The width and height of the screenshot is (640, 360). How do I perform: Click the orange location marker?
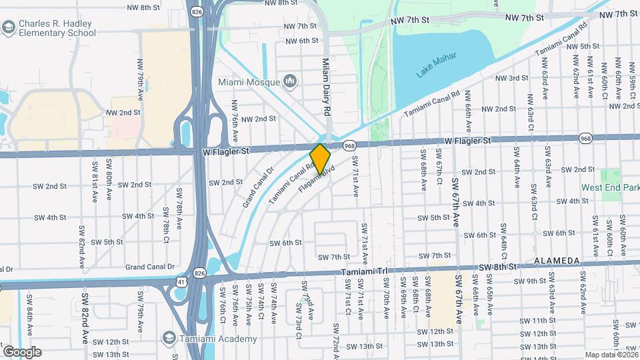[x=321, y=157]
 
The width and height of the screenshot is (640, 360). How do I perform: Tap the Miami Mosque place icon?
[x=290, y=81]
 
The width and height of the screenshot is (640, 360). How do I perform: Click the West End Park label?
[x=611, y=188]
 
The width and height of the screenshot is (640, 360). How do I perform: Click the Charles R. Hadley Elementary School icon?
[x=9, y=27]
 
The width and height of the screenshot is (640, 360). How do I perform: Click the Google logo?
[x=22, y=352]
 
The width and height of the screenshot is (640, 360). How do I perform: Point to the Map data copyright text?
[x=610, y=355]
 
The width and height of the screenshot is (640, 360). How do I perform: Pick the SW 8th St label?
[x=498, y=267]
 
